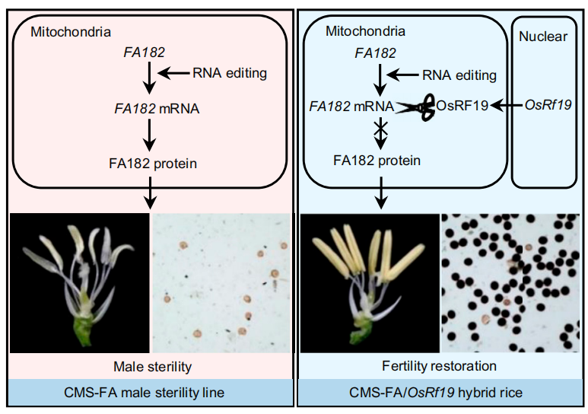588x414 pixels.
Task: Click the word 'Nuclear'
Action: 542,37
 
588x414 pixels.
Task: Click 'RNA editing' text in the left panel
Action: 230,73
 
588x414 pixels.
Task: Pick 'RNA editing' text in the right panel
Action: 459,75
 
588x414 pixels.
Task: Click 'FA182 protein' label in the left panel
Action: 149,161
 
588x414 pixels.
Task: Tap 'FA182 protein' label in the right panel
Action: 377,161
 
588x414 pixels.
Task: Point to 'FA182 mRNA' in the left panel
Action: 157,108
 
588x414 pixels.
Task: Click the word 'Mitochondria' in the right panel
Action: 365,31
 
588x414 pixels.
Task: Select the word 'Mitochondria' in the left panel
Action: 71,31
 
